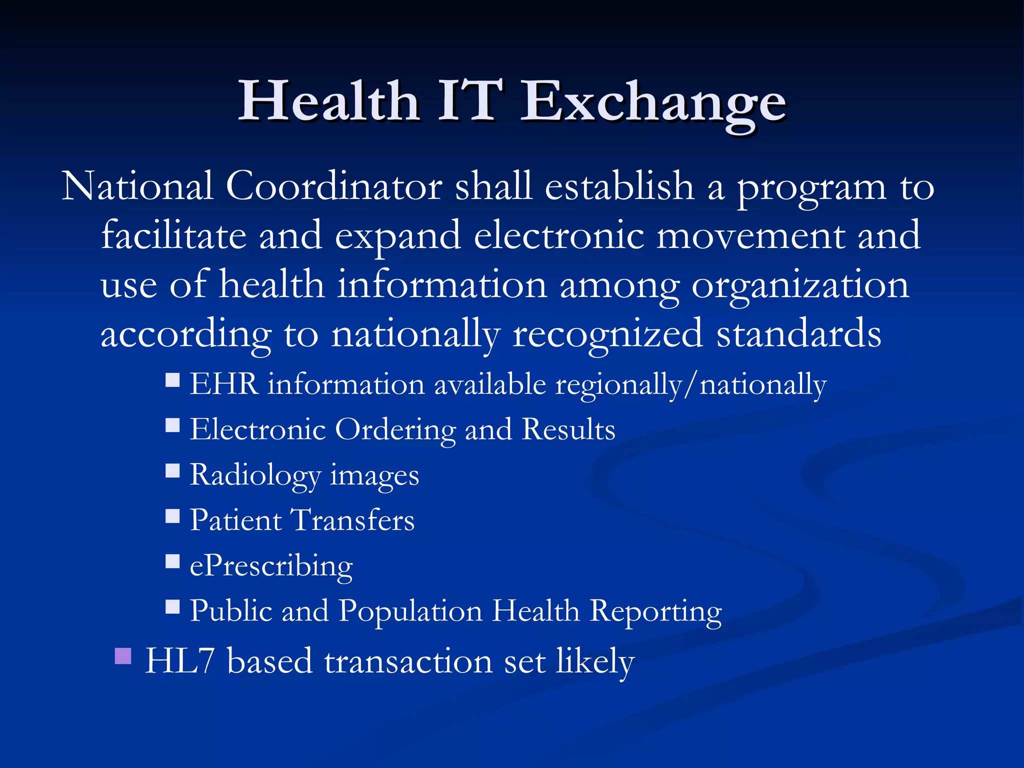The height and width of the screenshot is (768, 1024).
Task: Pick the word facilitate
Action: click(173, 235)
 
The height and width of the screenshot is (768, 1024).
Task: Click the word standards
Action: click(798, 334)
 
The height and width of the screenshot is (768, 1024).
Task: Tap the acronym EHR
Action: click(224, 384)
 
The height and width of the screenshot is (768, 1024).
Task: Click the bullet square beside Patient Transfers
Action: click(172, 516)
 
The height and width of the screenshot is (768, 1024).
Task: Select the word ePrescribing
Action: click(271, 566)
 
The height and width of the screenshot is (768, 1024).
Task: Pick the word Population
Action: click(410, 611)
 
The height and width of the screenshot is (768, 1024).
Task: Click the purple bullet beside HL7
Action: click(123, 655)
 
